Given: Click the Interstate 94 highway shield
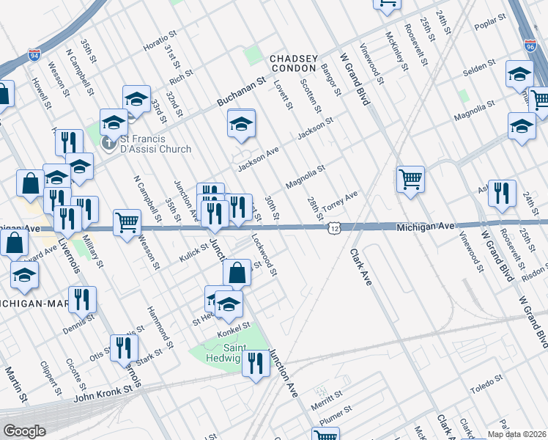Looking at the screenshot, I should tap(34, 55).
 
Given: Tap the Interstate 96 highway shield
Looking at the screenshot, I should tap(530, 45).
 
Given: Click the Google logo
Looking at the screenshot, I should tap(25, 431).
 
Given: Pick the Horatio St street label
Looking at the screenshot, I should tap(160, 41).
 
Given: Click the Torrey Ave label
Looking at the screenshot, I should tap(341, 199).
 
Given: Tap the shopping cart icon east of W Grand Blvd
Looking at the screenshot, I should tap(410, 177).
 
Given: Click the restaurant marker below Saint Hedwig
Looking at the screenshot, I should tap(255, 362).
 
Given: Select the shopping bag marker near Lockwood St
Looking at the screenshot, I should tap(237, 273).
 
